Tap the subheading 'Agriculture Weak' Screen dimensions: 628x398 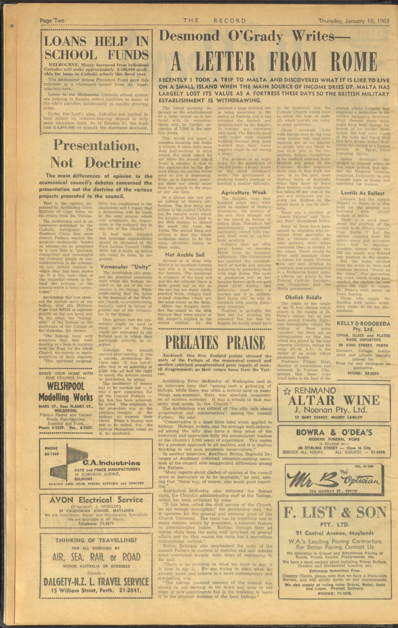click(244, 192)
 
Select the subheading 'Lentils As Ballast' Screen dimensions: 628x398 click(362, 193)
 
